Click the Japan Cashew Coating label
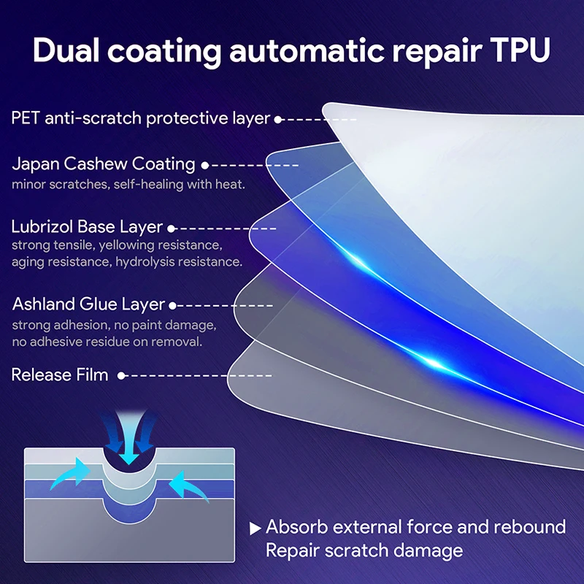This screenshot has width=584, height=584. click(103, 164)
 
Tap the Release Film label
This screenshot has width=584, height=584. click(60, 375)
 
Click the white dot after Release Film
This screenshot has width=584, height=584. click(121, 376)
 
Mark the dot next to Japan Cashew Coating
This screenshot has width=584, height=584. click(205, 165)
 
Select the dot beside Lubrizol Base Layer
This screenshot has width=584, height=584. click(171, 228)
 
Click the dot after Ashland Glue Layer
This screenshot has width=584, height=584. click(173, 305)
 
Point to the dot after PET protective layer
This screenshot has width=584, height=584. click(278, 118)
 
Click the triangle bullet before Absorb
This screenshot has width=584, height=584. click(255, 528)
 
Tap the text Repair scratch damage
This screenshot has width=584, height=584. click(364, 550)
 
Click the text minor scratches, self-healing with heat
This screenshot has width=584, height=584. click(128, 184)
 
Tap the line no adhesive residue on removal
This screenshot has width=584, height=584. click(107, 341)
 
